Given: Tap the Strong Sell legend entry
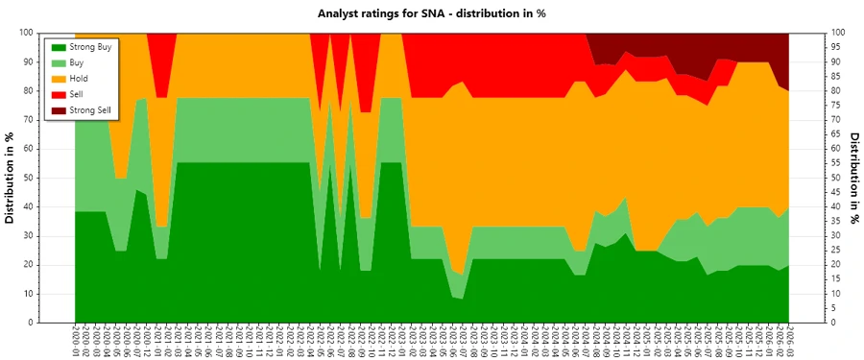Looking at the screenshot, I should point(84,110).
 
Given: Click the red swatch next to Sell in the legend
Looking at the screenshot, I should point(56,94).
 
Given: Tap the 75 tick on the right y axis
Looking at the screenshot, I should point(837,105).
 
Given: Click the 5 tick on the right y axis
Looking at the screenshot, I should point(834,308).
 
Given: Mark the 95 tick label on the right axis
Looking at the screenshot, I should point(837,47).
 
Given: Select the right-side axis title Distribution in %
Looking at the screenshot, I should point(854,178).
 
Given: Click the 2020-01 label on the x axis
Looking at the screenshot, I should point(75,340).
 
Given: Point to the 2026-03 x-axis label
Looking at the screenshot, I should point(789,340).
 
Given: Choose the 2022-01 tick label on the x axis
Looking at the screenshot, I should point(277,340).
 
